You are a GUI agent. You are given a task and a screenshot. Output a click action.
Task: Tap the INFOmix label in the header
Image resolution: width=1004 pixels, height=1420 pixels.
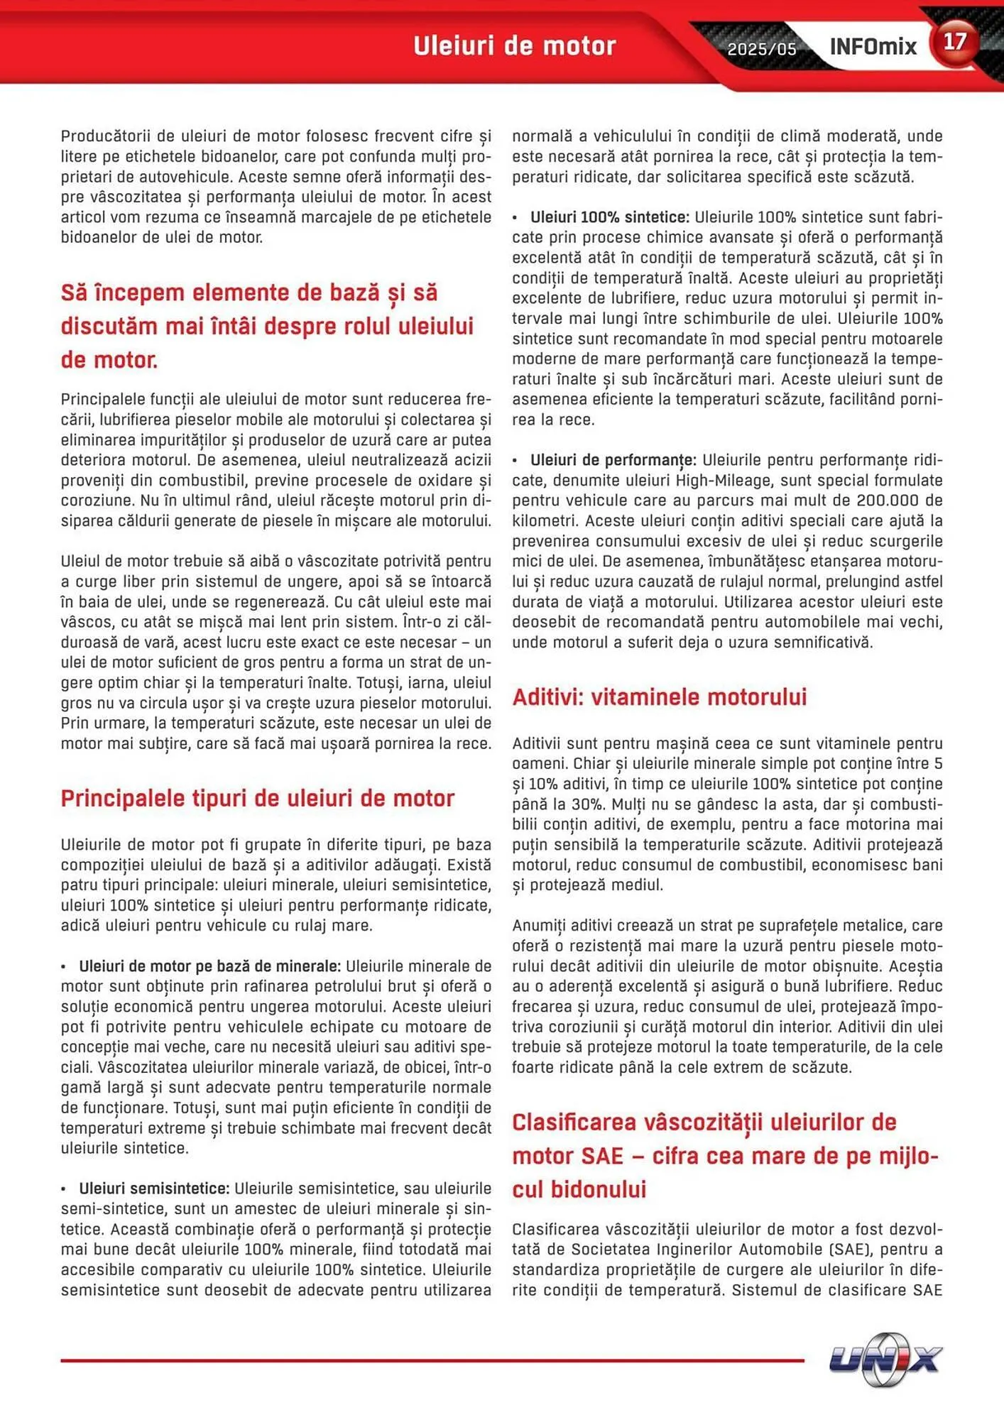pos(873,47)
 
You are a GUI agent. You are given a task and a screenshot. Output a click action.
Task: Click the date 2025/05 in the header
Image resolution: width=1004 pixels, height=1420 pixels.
pos(761,49)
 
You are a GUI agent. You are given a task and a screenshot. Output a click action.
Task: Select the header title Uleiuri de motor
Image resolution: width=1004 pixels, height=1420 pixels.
pos(514,46)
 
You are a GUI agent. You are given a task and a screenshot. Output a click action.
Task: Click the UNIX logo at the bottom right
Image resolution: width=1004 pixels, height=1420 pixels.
pos(885,1360)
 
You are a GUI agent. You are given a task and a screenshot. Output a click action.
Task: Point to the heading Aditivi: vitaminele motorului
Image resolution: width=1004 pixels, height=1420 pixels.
pos(659,697)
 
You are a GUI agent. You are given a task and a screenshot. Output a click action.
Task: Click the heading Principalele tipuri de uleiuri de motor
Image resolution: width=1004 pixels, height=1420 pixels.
pos(257,798)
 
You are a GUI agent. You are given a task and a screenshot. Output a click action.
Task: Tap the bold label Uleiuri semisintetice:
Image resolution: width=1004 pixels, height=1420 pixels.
pos(153,1189)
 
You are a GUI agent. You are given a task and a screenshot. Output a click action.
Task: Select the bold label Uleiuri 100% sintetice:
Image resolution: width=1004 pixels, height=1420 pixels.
pos(609,217)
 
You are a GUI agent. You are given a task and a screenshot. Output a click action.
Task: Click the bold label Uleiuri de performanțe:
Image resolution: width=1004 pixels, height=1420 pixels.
pos(613,460)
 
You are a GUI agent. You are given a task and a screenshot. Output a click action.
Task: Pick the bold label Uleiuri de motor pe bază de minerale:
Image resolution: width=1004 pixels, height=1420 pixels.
pos(209,966)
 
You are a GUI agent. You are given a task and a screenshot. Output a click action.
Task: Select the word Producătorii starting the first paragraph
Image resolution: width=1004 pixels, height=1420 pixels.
pos(105,136)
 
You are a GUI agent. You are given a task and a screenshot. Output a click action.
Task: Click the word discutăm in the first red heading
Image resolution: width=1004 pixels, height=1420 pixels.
pos(109,327)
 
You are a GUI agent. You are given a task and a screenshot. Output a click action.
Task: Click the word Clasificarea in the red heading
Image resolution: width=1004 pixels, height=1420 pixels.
pos(574,1122)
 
